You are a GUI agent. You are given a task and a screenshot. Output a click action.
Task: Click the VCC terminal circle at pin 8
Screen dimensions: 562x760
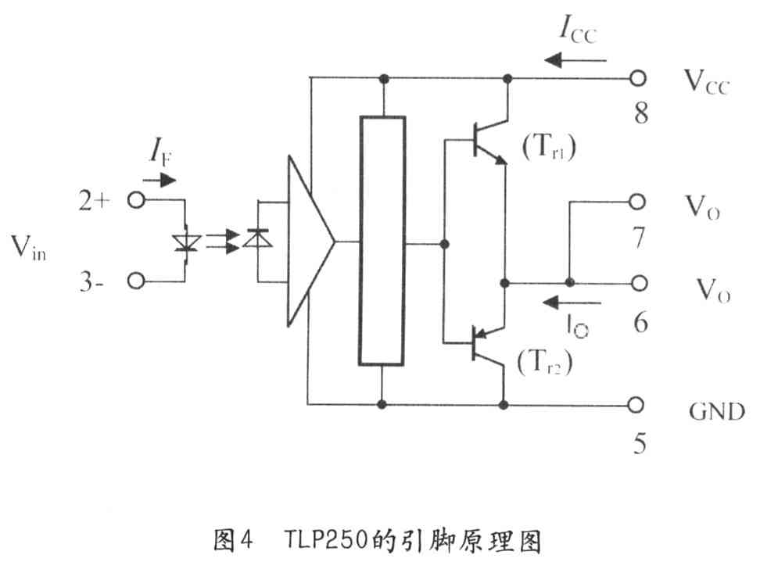pyautogui.click(x=640, y=79)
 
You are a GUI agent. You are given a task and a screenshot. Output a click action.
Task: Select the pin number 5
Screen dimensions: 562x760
pyautogui.click(x=640, y=445)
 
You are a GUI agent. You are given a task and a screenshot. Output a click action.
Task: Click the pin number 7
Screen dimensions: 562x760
pyautogui.click(x=640, y=237)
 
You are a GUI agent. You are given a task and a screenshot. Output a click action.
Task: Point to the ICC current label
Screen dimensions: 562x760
pyautogui.click(x=578, y=31)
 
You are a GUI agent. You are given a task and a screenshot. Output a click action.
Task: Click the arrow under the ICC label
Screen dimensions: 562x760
pyautogui.click(x=575, y=59)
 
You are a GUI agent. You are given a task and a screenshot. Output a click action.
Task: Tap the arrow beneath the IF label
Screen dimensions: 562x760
pyautogui.click(x=163, y=179)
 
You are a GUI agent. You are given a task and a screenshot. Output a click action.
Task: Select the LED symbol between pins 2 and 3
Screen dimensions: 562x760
pyautogui.click(x=185, y=243)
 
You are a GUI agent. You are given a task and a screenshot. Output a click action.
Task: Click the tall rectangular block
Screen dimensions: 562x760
pyautogui.click(x=382, y=240)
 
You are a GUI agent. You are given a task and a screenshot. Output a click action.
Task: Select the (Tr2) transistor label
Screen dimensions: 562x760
pyautogui.click(x=544, y=362)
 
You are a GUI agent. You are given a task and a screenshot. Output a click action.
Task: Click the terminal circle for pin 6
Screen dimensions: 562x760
pyautogui.click(x=640, y=282)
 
